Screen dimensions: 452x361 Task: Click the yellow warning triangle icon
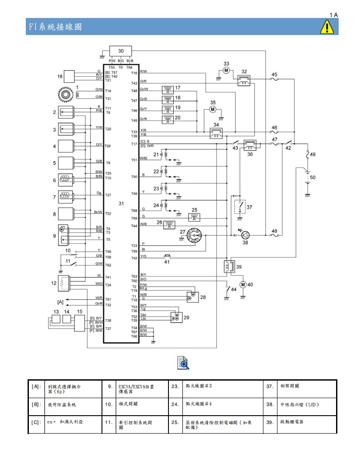pyautogui.click(x=327, y=27)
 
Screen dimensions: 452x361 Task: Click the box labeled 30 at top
pyautogui.click(x=121, y=52)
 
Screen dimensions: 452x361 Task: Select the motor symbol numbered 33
pyautogui.click(x=226, y=70)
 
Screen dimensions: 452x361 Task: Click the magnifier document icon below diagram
pyautogui.click(x=183, y=363)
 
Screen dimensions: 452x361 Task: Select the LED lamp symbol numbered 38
pyautogui.click(x=245, y=235)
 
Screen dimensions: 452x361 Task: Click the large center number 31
pyautogui.click(x=121, y=204)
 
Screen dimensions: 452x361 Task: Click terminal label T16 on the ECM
pyautogui.click(x=134, y=73)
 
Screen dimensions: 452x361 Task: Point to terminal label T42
pyautogui.click(x=134, y=258)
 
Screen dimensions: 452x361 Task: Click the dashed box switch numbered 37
pyautogui.click(x=239, y=206)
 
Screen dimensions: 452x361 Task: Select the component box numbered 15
pyautogui.click(x=79, y=323)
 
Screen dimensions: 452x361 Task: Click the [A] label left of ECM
pyautogui.click(x=60, y=302)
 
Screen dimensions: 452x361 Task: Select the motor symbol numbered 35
pyautogui.click(x=213, y=109)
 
